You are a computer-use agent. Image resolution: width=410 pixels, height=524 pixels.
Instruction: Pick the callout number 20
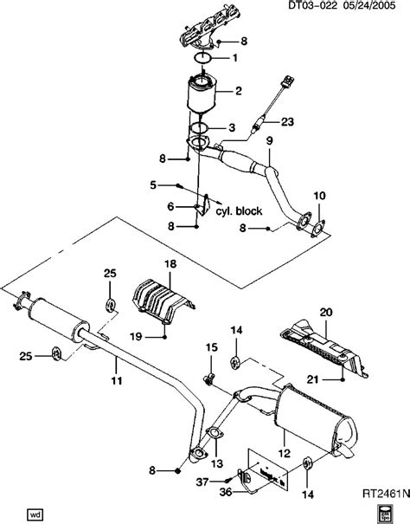[x=325, y=312]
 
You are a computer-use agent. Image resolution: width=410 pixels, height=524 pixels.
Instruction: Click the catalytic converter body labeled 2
[x=204, y=103]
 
